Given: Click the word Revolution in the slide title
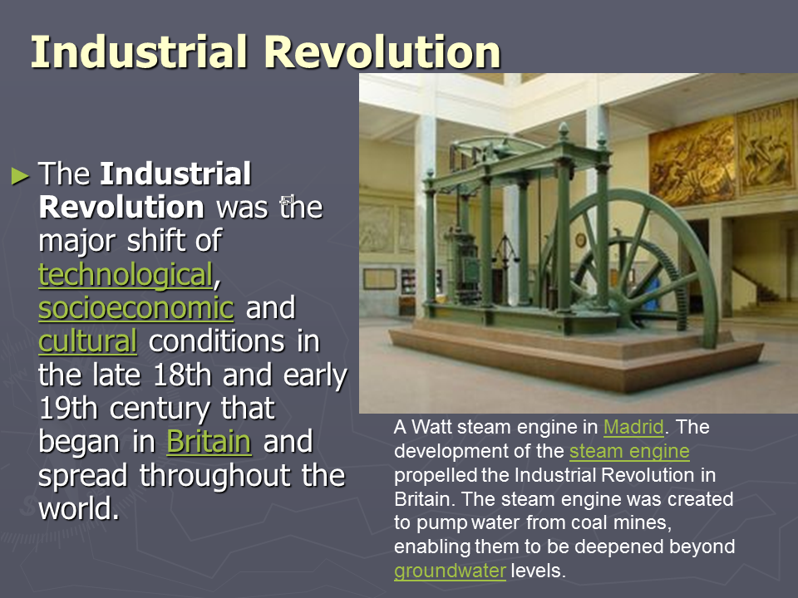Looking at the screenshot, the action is point(382,51).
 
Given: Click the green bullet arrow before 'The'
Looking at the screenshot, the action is point(20,176).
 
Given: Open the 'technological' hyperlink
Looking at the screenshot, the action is point(126,275).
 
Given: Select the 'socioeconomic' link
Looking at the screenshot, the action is point(135,308).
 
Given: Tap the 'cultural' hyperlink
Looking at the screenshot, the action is point(87,341).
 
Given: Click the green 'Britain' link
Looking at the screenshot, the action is point(209,441).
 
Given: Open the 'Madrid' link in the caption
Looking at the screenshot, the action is point(633,427).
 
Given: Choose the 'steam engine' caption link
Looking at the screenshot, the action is point(629,452).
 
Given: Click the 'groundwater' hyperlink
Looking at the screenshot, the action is point(450,571).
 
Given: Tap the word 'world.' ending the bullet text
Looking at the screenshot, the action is point(80,508).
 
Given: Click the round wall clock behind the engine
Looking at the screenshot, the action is point(581,239).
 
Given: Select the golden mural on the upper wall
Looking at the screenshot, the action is point(722,154).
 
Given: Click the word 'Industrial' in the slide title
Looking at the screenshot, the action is point(139,51).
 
